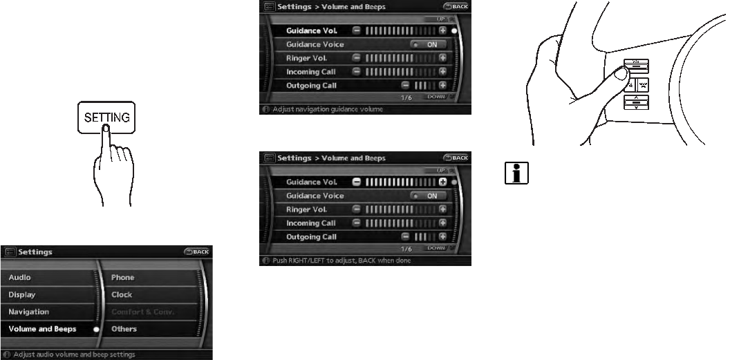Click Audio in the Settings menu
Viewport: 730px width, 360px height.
tap(20, 278)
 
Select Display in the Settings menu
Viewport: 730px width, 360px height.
tap(22, 295)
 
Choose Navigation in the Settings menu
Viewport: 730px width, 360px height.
tap(29, 312)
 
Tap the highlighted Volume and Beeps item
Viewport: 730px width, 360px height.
tap(43, 330)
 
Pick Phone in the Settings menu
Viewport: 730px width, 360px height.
tap(123, 278)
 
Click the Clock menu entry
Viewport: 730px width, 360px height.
tap(122, 295)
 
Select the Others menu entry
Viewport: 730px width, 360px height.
tap(124, 330)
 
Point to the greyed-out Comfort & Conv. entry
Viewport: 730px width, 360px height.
tap(143, 312)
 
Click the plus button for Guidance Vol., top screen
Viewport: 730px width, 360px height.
tap(442, 31)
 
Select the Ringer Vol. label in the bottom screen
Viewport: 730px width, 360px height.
tap(306, 209)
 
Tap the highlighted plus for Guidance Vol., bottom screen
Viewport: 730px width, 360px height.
tap(442, 182)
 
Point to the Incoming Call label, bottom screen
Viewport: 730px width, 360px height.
tap(311, 223)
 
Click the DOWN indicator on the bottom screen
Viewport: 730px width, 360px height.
tap(437, 248)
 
